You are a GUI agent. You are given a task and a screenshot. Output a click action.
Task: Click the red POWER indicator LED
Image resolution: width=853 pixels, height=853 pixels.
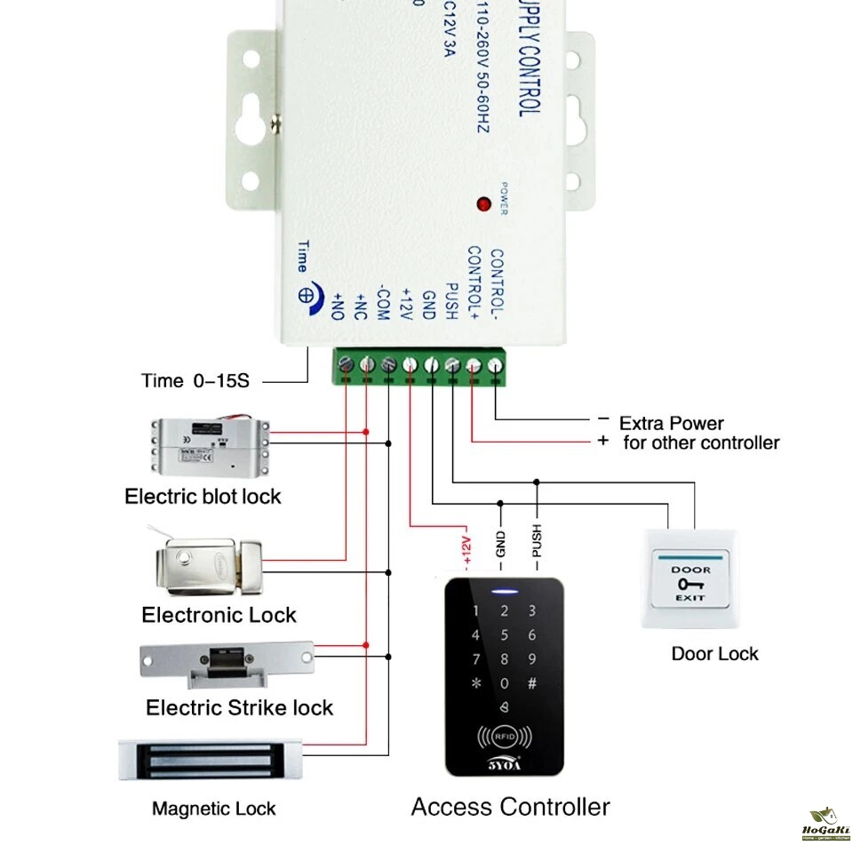coord(484,203)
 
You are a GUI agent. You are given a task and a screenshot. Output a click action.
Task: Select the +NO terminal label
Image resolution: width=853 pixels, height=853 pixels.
coord(339,305)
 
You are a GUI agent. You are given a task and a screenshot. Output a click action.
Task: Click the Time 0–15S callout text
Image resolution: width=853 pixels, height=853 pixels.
coord(195,381)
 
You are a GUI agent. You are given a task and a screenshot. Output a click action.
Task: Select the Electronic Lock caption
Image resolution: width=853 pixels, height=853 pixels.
coord(219,615)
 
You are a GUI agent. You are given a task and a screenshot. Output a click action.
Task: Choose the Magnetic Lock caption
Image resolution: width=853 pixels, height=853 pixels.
coord(213,809)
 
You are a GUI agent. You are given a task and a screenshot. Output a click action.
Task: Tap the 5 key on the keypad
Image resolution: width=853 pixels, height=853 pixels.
coord(505,635)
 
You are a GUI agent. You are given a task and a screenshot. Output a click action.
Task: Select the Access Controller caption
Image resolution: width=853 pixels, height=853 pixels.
coord(510,807)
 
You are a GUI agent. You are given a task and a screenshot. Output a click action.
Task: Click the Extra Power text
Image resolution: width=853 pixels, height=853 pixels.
coord(671,423)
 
